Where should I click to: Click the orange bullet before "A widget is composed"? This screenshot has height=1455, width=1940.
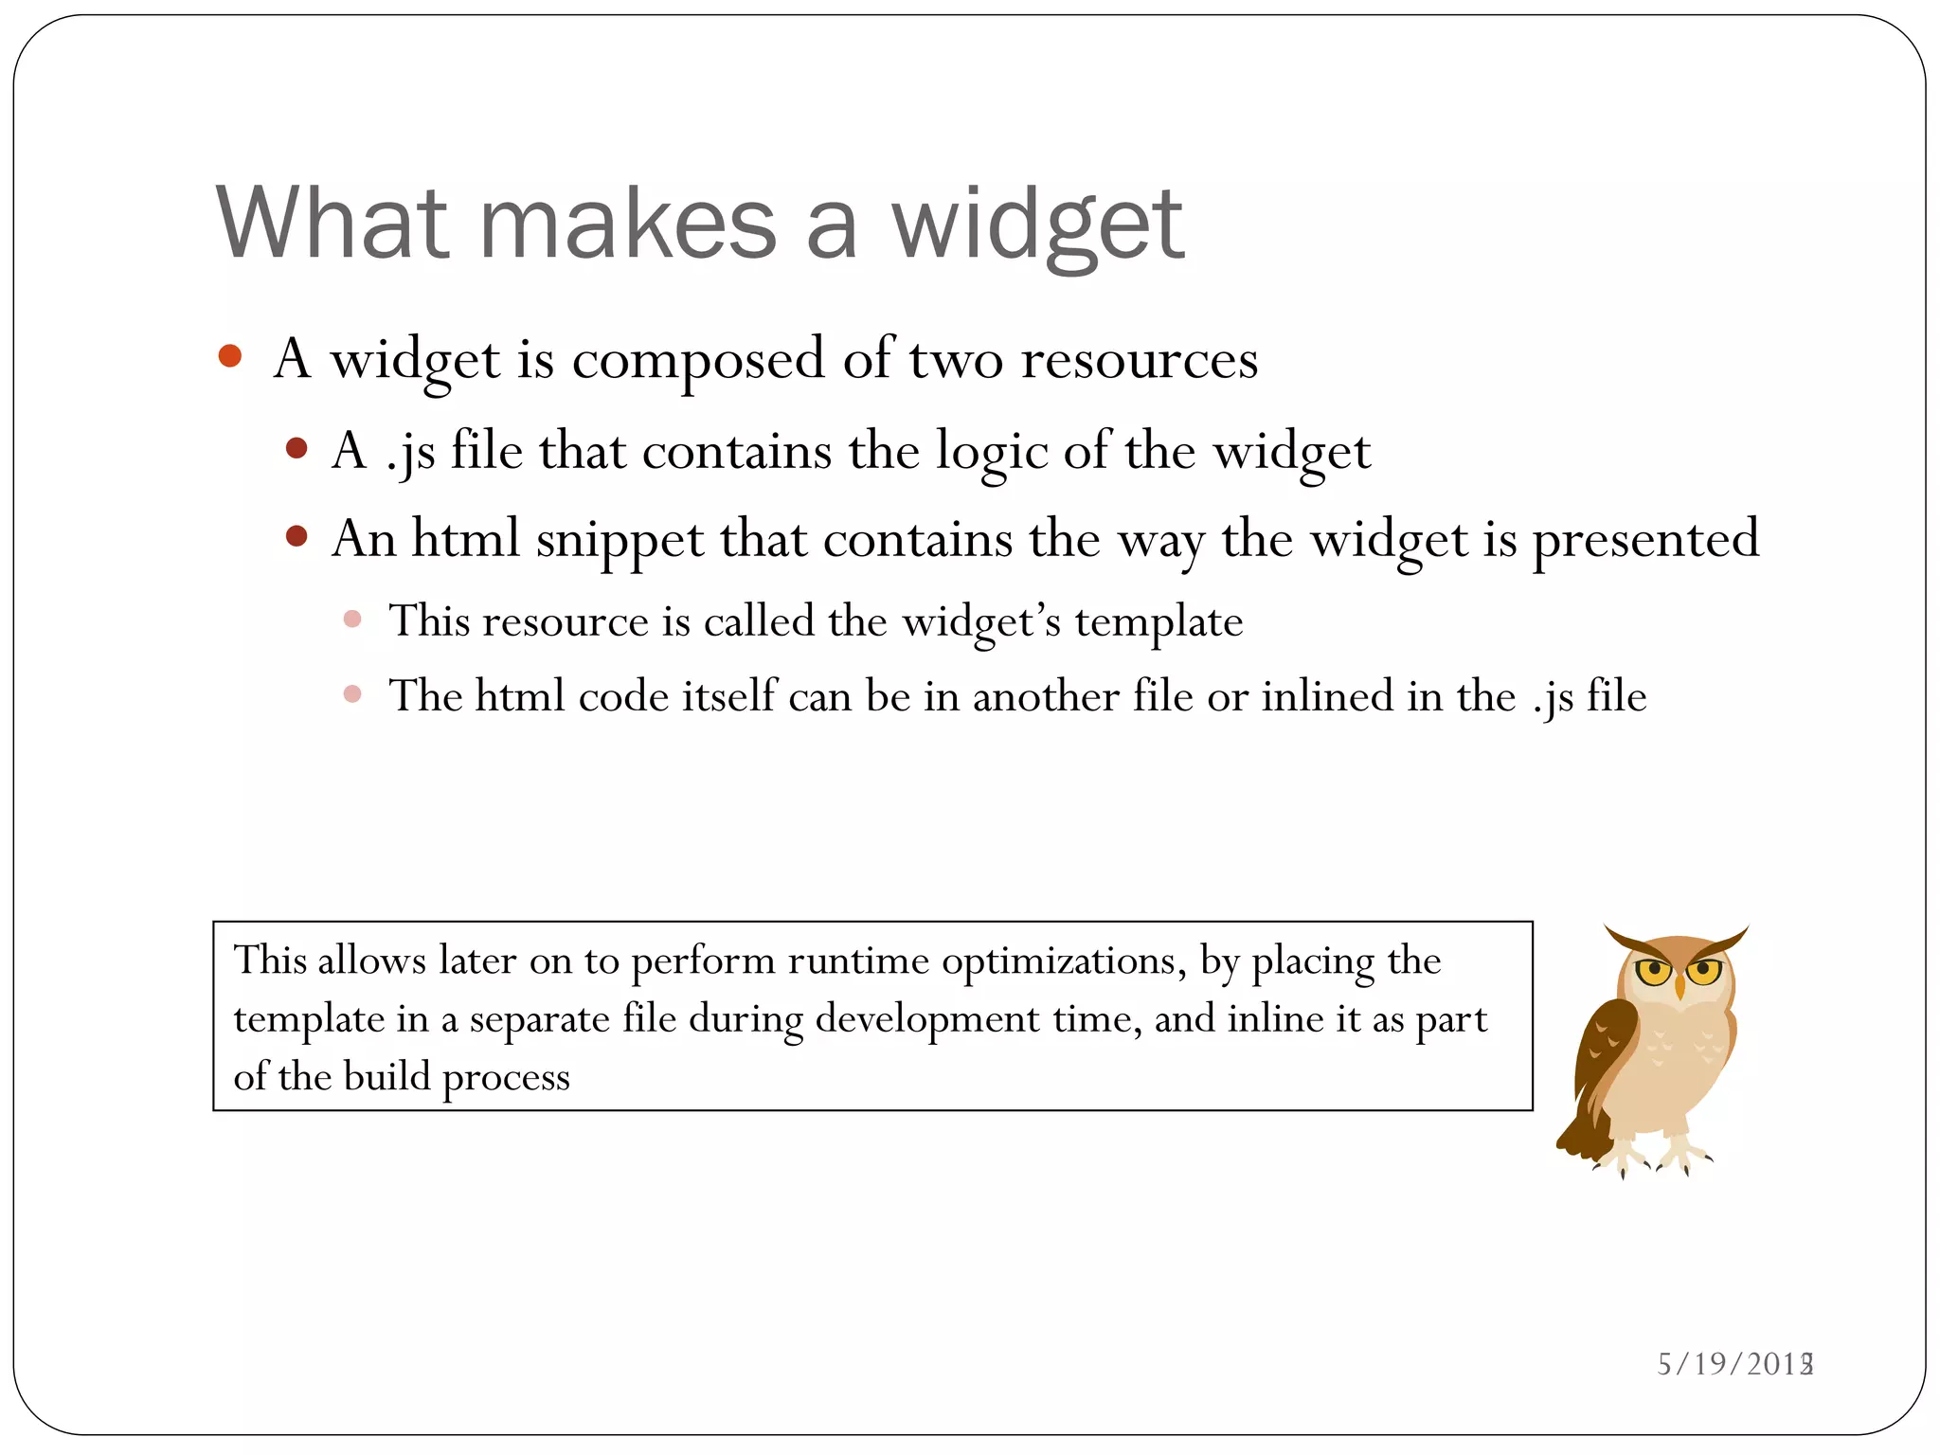(x=229, y=356)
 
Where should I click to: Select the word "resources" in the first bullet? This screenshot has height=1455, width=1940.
(x=1139, y=360)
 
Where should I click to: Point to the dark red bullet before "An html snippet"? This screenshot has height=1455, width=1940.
(x=296, y=537)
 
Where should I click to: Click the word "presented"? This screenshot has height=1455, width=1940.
(x=1645, y=540)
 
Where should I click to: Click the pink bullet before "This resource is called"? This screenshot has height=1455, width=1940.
(x=352, y=620)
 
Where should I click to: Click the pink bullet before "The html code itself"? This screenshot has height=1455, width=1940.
(x=352, y=694)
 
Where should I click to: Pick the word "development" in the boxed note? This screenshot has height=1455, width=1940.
(x=927, y=1019)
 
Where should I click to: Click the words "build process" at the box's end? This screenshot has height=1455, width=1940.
(x=457, y=1077)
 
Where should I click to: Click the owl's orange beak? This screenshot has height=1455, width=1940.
(x=1680, y=988)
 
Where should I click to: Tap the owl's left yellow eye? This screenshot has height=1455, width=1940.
(x=1654, y=970)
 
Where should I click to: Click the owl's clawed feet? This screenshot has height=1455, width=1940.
(x=1654, y=1158)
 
